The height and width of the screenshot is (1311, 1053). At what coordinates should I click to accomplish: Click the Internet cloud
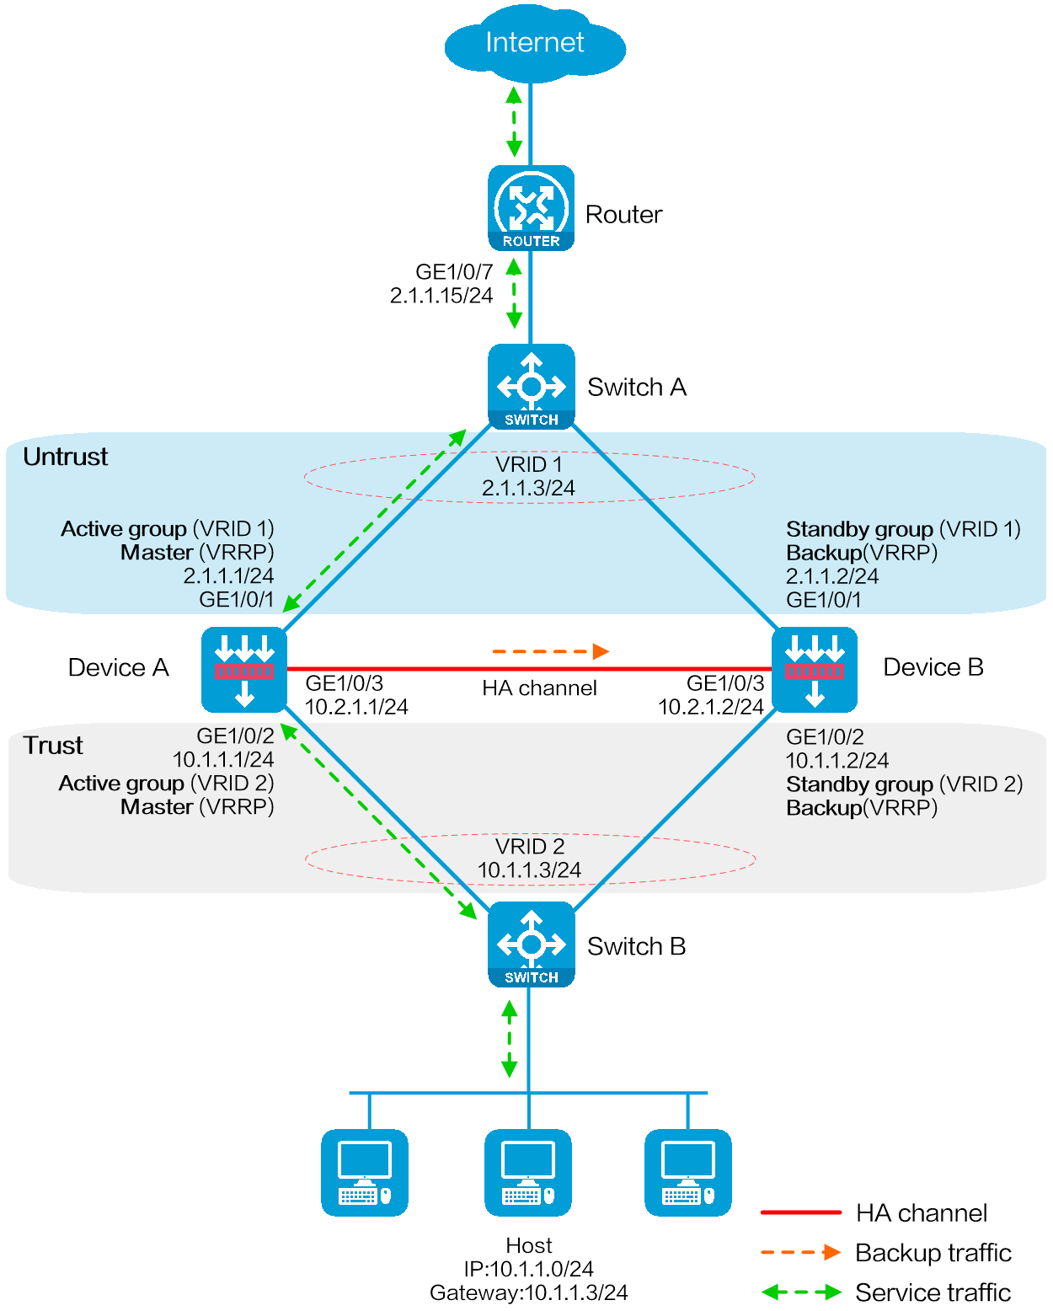click(x=534, y=44)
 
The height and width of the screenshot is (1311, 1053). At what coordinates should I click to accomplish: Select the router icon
click(x=531, y=208)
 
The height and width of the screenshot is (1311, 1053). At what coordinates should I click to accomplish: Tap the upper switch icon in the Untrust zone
click(x=531, y=386)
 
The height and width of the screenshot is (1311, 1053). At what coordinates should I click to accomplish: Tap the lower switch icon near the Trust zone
click(x=531, y=944)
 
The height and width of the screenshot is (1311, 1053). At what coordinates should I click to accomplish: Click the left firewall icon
click(x=244, y=670)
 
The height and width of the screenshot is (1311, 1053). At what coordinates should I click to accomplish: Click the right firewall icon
click(x=814, y=670)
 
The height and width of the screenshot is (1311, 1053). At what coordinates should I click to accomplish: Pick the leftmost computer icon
click(x=364, y=1172)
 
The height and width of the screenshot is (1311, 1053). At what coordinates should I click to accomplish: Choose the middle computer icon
click(x=527, y=1172)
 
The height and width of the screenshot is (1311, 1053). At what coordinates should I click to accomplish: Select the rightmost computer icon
click(x=687, y=1172)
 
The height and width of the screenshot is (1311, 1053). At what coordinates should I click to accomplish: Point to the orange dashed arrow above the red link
click(x=550, y=651)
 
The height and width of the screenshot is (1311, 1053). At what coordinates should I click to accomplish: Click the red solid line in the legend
click(x=800, y=1212)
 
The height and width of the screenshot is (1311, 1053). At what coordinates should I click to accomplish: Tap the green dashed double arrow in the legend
click(x=800, y=1292)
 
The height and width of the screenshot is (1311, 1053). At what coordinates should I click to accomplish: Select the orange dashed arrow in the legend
click(x=800, y=1252)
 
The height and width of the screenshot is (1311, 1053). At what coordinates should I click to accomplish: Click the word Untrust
click(x=66, y=457)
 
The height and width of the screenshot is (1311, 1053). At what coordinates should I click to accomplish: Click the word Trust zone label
click(x=53, y=746)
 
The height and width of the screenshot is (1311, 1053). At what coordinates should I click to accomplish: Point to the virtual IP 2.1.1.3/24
click(x=528, y=488)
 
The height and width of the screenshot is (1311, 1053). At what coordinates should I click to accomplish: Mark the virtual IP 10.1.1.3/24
click(x=529, y=870)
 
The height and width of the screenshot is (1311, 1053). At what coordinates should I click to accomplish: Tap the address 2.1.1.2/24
click(x=831, y=576)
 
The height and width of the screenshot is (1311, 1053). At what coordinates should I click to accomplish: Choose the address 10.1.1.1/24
click(x=223, y=759)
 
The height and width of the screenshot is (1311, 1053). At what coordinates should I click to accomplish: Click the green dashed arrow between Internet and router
click(x=514, y=122)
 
